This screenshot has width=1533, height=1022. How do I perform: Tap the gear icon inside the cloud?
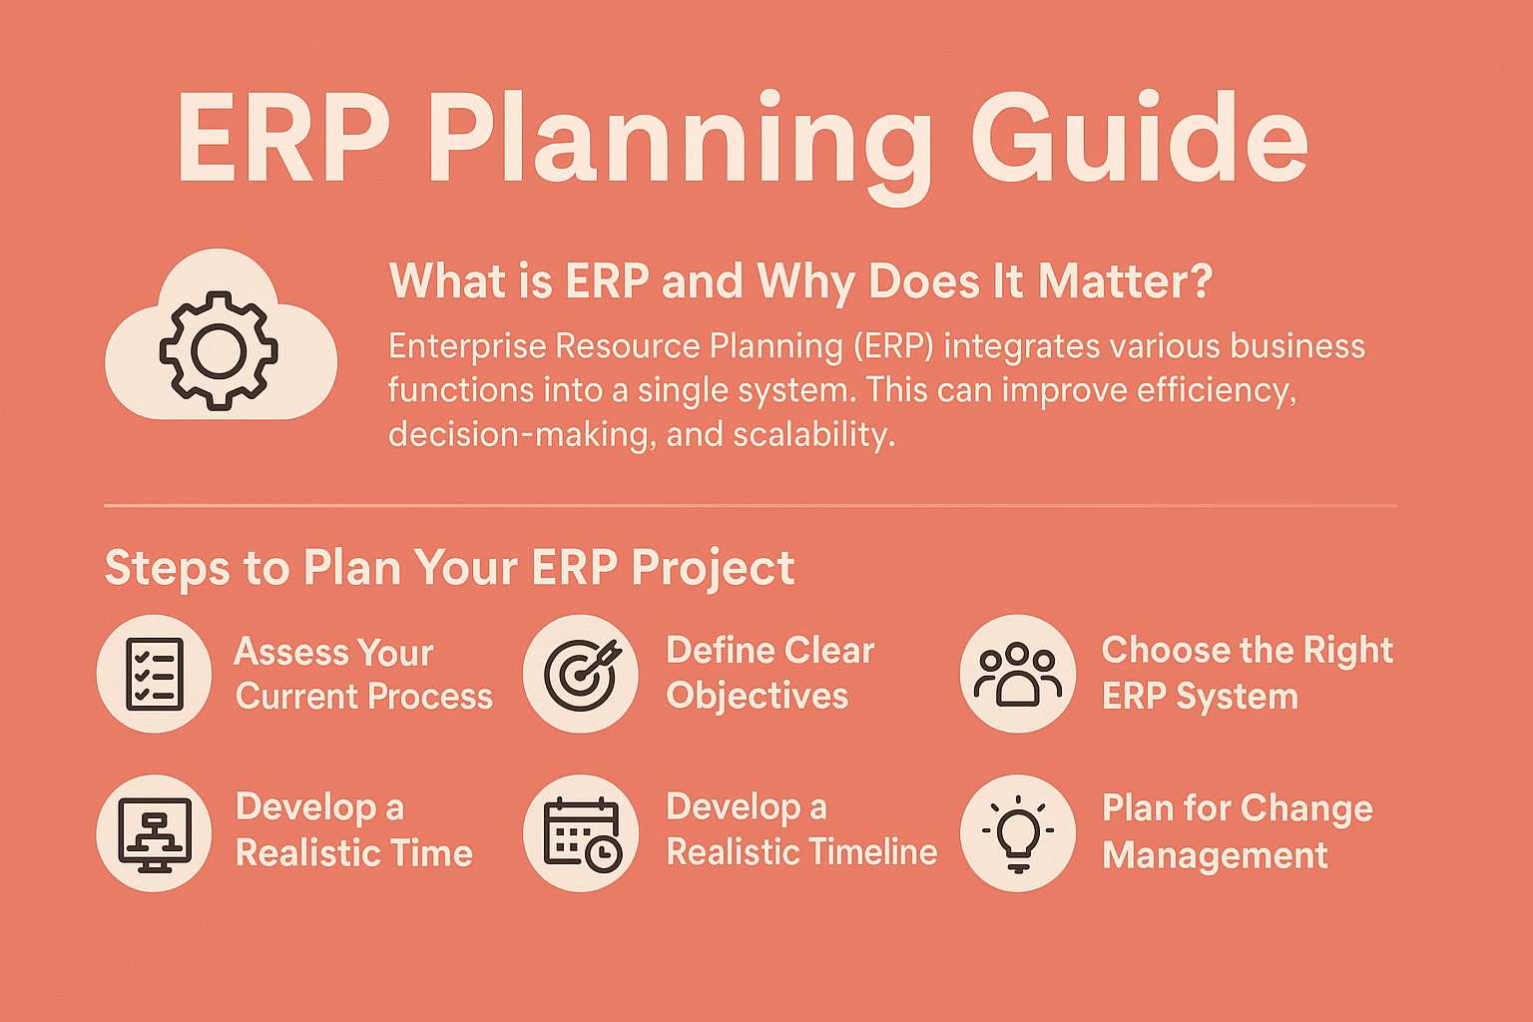(x=219, y=350)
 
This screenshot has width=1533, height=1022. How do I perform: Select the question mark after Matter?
(x=1200, y=280)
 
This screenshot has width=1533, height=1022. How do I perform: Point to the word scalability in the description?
(x=813, y=435)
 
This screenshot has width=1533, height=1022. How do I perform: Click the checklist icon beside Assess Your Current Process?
(x=155, y=674)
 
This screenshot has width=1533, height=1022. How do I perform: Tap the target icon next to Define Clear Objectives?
(x=582, y=675)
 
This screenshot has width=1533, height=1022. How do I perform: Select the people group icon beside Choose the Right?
(x=1018, y=675)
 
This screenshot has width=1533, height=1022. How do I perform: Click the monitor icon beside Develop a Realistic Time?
(x=155, y=834)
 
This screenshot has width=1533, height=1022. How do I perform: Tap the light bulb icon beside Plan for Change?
(x=1018, y=833)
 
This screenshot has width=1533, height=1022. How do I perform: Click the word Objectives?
(x=757, y=697)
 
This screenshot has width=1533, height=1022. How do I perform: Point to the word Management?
(x=1215, y=856)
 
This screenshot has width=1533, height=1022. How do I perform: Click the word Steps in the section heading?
(x=167, y=569)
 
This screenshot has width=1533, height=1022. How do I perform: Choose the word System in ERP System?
(x=1238, y=698)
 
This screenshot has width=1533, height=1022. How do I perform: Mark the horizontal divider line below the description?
(x=751, y=506)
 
